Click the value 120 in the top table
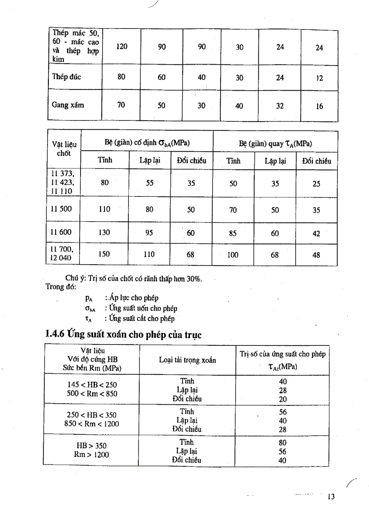click(x=121, y=47)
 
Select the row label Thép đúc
click(x=66, y=77)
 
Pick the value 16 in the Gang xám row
click(x=319, y=107)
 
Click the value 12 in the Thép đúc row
click(x=319, y=78)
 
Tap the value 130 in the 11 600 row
click(x=104, y=233)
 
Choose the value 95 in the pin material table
click(x=149, y=233)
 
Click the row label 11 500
click(x=61, y=209)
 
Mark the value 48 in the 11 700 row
click(x=316, y=255)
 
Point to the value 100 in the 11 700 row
click(x=232, y=255)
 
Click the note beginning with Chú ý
click(x=134, y=279)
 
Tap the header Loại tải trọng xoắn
click(x=187, y=360)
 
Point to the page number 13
click(x=331, y=497)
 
